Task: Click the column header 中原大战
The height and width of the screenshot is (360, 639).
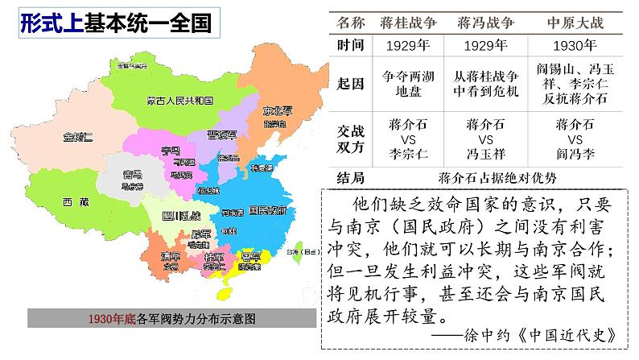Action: (x=575, y=23)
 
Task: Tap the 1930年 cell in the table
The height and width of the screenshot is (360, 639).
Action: (x=575, y=45)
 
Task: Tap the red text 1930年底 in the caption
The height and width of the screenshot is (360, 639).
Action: (x=113, y=319)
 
